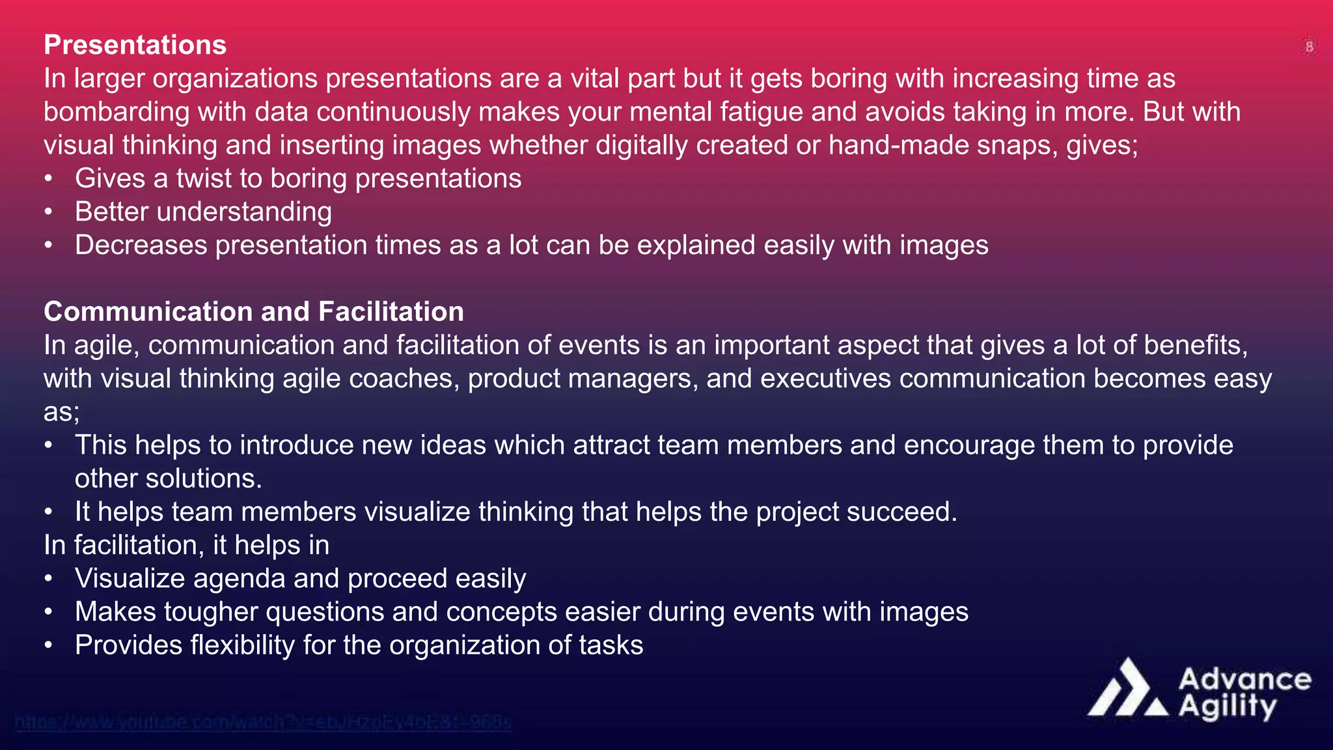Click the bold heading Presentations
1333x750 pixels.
click(135, 45)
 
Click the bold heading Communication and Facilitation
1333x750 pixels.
click(253, 312)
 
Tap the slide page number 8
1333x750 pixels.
click(1309, 47)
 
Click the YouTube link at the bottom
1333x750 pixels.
click(263, 722)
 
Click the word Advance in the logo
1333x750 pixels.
click(1244, 680)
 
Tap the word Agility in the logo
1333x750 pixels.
click(1228, 707)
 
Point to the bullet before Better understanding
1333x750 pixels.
click(48, 212)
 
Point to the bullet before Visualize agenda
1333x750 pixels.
click(48, 579)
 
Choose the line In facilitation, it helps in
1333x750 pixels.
click(186, 545)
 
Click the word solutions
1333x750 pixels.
click(204, 479)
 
